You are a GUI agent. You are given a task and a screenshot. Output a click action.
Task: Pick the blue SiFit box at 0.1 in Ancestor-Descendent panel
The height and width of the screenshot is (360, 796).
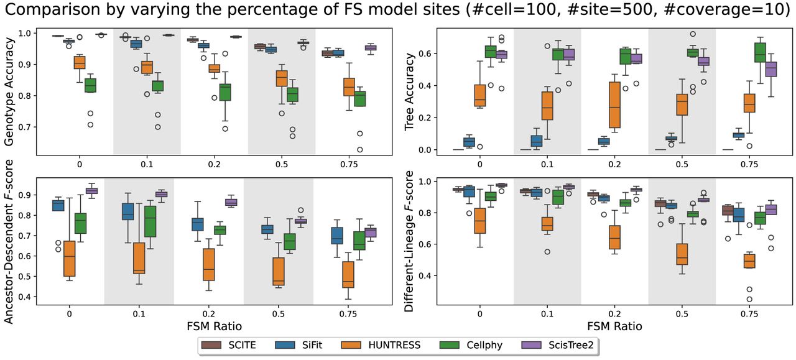coord(128,211)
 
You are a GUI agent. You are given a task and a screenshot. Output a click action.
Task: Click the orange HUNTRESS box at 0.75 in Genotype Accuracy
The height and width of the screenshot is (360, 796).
coord(349,86)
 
